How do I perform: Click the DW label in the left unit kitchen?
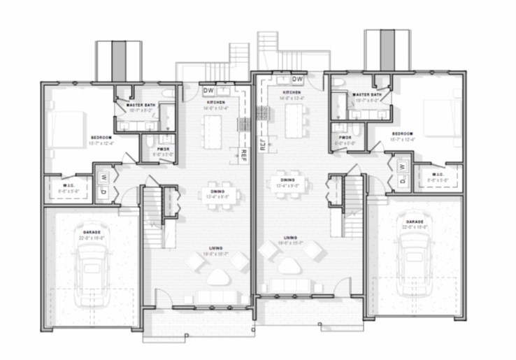[x=208, y=91]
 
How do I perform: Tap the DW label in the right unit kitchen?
[x=297, y=79]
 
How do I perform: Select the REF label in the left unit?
[x=244, y=155]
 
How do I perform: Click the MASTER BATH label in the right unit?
[x=367, y=94]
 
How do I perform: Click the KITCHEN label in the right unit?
[x=292, y=92]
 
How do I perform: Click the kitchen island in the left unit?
[x=212, y=131]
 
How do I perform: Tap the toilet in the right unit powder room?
[x=356, y=129]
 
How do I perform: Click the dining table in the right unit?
[x=288, y=184]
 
